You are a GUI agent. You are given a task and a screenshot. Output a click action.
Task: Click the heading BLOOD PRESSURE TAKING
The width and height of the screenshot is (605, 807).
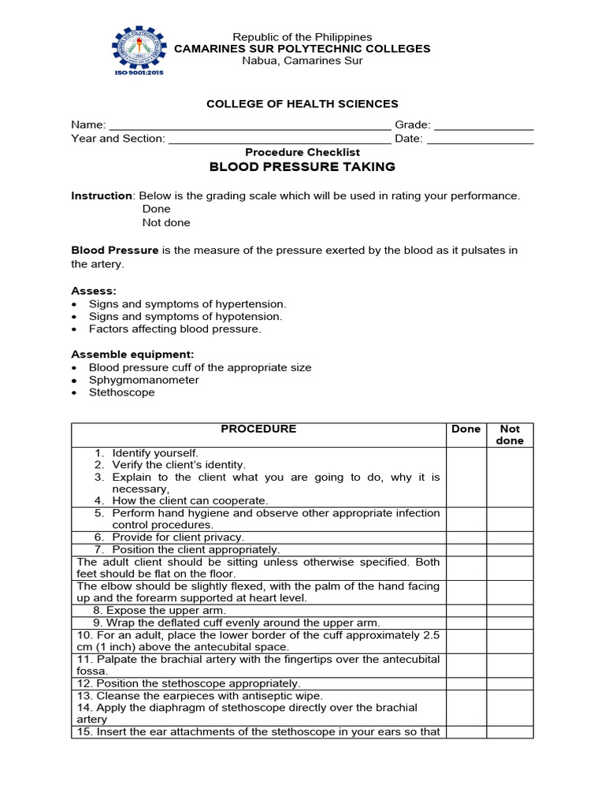[x=302, y=167]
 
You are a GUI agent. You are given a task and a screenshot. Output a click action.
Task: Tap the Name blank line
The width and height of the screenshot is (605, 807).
[x=249, y=125]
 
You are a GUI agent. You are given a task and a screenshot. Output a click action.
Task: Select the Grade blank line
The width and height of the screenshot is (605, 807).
[x=484, y=125]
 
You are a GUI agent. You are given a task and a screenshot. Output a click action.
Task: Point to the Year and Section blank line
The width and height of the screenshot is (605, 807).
[x=280, y=139]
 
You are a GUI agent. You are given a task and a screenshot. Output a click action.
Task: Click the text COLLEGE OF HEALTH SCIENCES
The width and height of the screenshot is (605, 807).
[x=302, y=104]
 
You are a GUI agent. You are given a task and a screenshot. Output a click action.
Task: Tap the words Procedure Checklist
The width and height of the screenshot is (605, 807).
[x=302, y=152]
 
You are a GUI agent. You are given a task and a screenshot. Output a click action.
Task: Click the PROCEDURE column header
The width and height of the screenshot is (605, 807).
[x=258, y=430]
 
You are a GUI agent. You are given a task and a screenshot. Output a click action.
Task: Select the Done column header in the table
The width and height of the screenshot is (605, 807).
[x=466, y=430]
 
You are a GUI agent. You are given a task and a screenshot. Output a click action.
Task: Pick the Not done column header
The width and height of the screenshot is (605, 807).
[x=510, y=435]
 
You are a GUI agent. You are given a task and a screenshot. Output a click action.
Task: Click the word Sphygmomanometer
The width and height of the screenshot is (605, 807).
[x=143, y=380]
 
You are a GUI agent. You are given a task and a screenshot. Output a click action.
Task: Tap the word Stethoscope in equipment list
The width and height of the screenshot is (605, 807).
[x=121, y=392]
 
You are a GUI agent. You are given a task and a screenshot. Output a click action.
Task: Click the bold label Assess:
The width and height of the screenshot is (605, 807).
[x=94, y=291]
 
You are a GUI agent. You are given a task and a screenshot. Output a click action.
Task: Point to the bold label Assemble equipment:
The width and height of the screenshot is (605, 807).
[x=132, y=355]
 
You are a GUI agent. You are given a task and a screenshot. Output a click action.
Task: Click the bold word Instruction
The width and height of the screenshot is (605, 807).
[x=102, y=195]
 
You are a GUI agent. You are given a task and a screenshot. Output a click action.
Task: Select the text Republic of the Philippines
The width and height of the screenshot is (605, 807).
[x=302, y=37]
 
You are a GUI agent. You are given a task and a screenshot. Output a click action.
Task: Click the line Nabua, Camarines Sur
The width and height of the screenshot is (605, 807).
[x=302, y=61]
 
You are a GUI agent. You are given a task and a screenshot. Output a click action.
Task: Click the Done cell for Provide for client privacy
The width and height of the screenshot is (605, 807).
[x=466, y=537]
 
